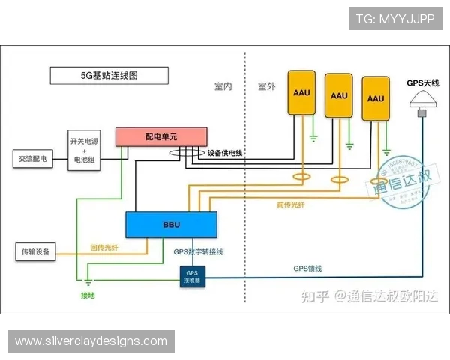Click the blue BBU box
[x=171, y=224]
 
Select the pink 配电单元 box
[x=161, y=136]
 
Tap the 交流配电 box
[x=34, y=159]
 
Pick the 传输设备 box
[x=35, y=251]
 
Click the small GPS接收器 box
[x=192, y=277]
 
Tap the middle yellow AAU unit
[x=339, y=95]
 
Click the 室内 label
[x=223, y=86]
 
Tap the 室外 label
[x=267, y=86]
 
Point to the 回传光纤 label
[x=103, y=247]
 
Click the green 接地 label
[x=89, y=295]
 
